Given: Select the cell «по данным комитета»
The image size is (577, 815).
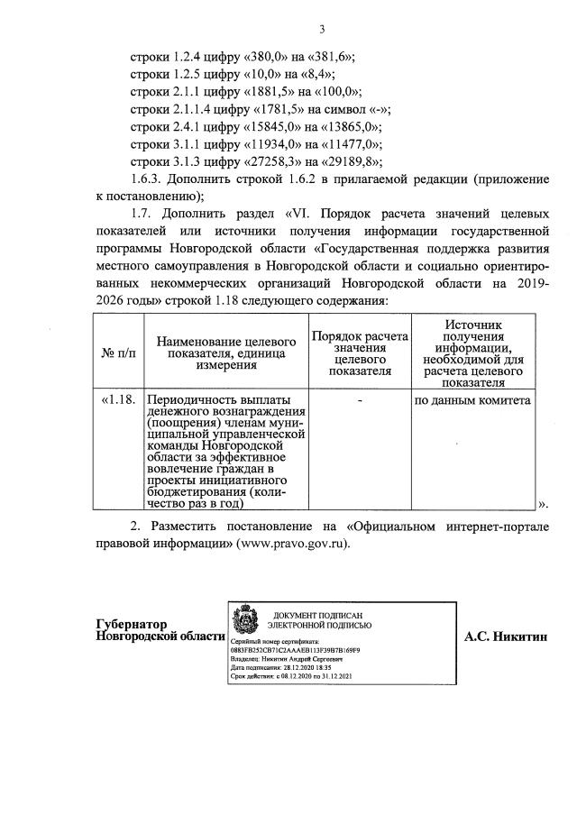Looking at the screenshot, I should click(472, 399).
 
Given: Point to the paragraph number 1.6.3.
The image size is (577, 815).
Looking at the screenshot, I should click(149, 181).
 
